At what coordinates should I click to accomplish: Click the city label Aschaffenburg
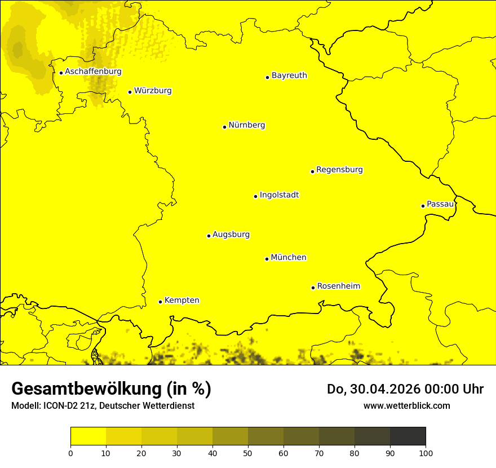pyautogui.click(x=93, y=72)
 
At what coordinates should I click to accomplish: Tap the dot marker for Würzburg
pyautogui.click(x=130, y=92)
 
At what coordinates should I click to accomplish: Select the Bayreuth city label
pyautogui.click(x=289, y=75)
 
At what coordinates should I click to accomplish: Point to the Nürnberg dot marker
pyautogui.click(x=224, y=127)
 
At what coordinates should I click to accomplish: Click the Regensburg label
pyautogui.click(x=339, y=169)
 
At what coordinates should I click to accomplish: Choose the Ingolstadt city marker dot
pyautogui.click(x=255, y=196)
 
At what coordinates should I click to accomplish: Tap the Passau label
pyautogui.click(x=440, y=204)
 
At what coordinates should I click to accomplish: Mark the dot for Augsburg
pyautogui.click(x=209, y=236)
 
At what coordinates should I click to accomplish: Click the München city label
pyautogui.click(x=289, y=257)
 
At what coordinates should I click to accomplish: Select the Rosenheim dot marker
pyautogui.click(x=313, y=288)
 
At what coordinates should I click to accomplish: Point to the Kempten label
pyautogui.click(x=181, y=300)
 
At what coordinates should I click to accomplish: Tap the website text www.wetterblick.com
pyautogui.click(x=406, y=405)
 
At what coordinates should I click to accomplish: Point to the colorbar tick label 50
pyautogui.click(x=248, y=452)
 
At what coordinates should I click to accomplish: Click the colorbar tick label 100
pyautogui.click(x=425, y=452)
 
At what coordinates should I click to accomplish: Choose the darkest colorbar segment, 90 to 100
pyautogui.click(x=408, y=436)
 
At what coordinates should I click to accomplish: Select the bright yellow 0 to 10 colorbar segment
pyautogui.click(x=88, y=436)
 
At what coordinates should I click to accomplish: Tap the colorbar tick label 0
pyautogui.click(x=70, y=452)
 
